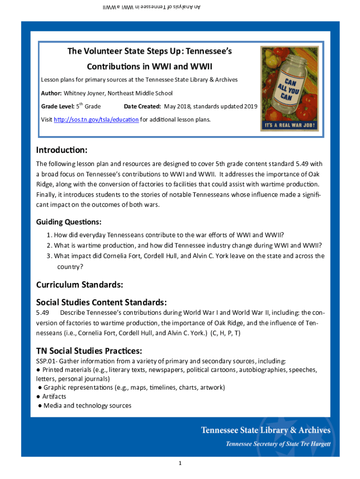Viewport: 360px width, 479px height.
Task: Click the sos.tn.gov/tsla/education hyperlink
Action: pos(96,120)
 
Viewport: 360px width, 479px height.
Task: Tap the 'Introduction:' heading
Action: pos(62,150)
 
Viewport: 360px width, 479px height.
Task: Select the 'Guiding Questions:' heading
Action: pos(69,222)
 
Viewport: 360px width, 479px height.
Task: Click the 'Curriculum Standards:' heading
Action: pos(79,284)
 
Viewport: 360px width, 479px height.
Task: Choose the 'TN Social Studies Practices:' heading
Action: pos(89,351)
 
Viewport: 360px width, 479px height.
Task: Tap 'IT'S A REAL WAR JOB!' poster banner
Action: pos(289,126)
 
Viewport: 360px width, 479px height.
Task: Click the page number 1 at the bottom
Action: pos(180,464)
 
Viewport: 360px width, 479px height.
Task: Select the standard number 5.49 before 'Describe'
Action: pos(43,312)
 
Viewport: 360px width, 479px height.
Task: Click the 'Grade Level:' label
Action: pos(57,107)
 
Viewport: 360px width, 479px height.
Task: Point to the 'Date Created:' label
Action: pos(143,107)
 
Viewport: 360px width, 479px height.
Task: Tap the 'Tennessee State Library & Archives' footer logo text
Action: pos(266,430)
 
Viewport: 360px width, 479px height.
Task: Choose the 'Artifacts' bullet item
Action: pos(54,397)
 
